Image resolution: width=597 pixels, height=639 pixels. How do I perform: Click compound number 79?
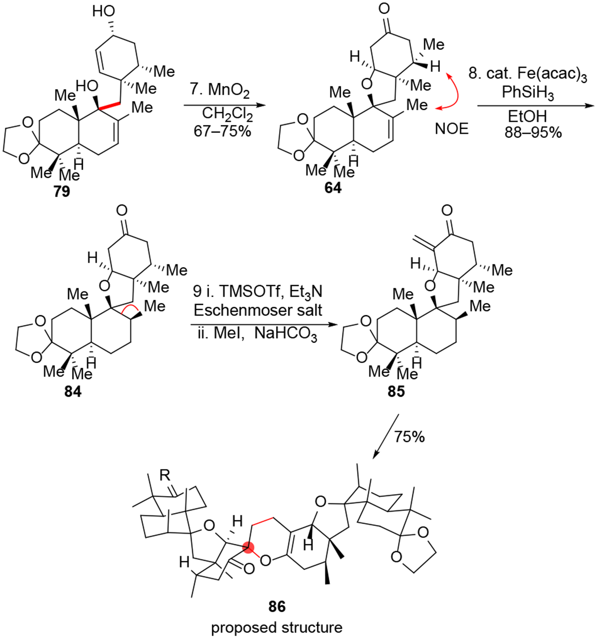coord(62,191)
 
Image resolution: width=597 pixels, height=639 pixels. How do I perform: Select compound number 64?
coord(333,188)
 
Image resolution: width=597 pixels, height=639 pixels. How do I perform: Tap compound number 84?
coord(73,391)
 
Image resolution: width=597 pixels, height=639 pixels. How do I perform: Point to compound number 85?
coord(396,391)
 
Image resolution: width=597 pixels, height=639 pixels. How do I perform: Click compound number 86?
coord(277,606)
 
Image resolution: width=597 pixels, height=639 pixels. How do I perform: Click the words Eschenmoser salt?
coord(258,311)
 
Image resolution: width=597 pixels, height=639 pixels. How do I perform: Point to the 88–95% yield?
coord(533,133)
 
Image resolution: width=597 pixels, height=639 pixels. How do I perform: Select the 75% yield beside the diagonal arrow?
coord(410,436)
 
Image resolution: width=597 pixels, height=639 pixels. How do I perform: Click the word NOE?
coord(452,128)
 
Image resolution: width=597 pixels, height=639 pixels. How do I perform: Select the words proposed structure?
coord(276,628)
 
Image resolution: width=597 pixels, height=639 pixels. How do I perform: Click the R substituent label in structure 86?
coord(165,475)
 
